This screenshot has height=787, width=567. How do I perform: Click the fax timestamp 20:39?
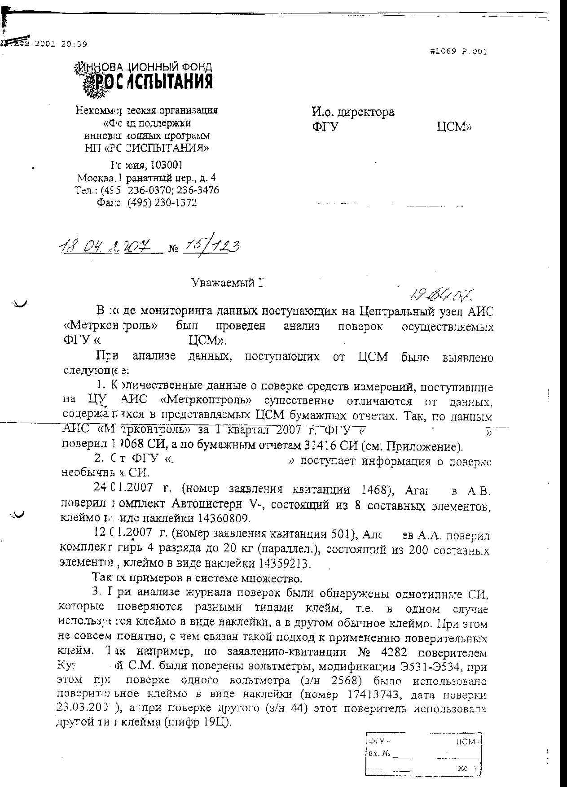(74, 44)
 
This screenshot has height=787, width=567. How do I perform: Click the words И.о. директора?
(353, 112)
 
